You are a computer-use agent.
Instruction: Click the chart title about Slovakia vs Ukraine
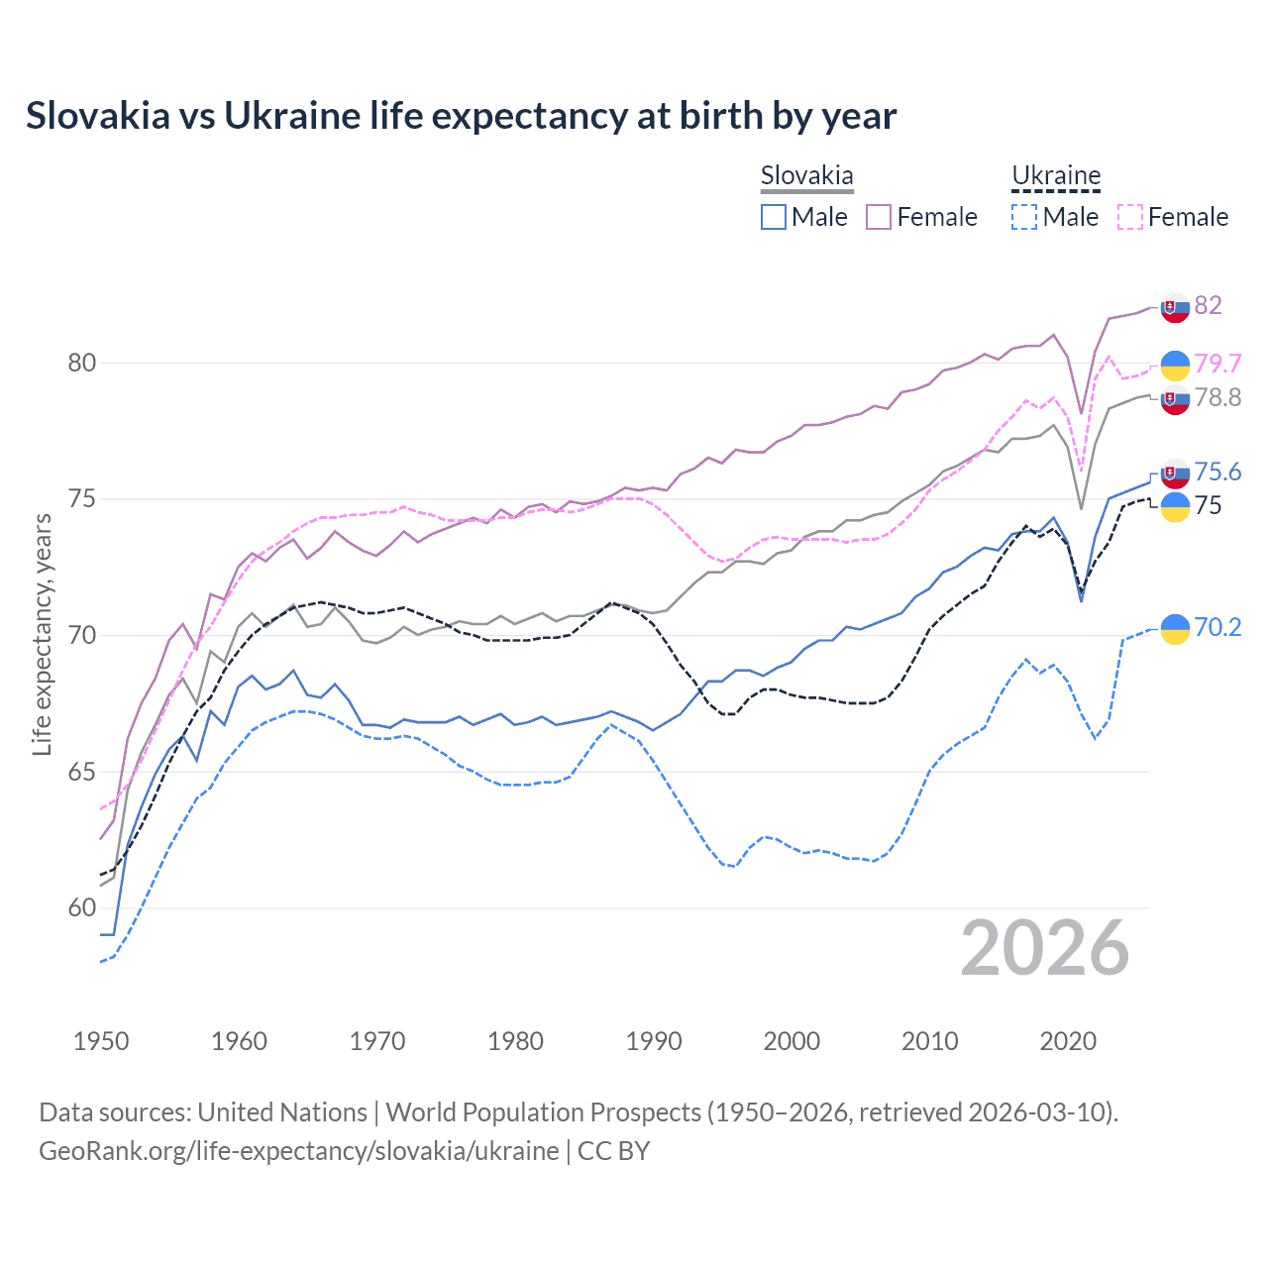point(461,116)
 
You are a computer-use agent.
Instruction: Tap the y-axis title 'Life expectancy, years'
point(42,634)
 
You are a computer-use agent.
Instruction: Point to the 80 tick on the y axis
point(82,363)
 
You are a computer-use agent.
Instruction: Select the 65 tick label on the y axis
point(82,772)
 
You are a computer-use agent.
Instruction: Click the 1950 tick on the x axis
point(101,1041)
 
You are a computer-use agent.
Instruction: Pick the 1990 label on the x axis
point(654,1041)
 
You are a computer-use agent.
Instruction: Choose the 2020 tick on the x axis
point(1068,1041)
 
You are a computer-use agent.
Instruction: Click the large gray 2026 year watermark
point(1045,948)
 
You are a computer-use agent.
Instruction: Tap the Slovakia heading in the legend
point(806,176)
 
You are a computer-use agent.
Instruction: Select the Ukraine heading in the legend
point(1056,176)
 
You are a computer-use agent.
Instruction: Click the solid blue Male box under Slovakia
point(774,217)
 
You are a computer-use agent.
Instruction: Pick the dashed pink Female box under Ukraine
point(1130,217)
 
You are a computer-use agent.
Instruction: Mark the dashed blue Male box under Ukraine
point(1024,217)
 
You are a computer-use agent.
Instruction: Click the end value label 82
point(1208,305)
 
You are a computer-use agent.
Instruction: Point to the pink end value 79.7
point(1217,364)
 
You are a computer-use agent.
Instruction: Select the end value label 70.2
point(1217,627)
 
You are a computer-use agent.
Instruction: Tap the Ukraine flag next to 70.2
point(1175,628)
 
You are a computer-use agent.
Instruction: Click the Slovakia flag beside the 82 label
point(1175,307)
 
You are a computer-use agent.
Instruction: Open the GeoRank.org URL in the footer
point(299,1151)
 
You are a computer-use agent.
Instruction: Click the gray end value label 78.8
point(1217,397)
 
